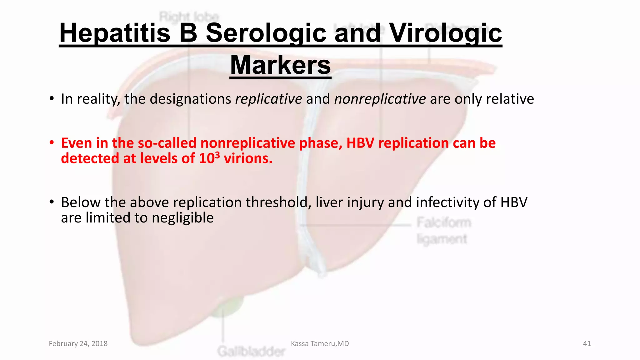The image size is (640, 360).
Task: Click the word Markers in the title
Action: coord(280,65)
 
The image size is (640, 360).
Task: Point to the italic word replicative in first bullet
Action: coord(268,99)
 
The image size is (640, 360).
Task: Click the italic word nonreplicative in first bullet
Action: coord(380,99)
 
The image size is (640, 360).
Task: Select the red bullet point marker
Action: coord(52,143)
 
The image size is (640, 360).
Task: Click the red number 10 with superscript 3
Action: coord(209,158)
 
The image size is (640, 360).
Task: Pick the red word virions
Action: coord(248,158)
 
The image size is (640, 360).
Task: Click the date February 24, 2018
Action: coord(78,343)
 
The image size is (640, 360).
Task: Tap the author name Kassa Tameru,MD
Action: coord(320,343)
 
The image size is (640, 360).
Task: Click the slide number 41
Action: coord(587,343)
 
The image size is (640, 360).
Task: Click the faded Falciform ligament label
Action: coord(443,231)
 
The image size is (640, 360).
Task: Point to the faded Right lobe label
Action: coord(189,16)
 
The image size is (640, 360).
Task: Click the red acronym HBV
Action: coord(360,143)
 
